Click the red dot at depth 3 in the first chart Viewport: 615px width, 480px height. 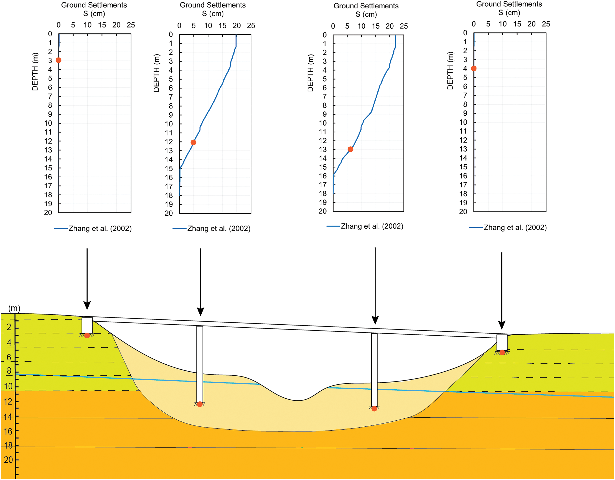(x=59, y=60)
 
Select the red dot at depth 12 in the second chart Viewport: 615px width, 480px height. (x=193, y=142)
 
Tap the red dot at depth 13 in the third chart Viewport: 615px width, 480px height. (x=350, y=149)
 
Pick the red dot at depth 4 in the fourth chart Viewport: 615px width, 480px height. (x=474, y=68)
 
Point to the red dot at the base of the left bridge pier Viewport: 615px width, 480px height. (x=200, y=404)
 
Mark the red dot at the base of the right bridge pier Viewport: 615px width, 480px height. (x=374, y=409)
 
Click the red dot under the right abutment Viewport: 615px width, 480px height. (x=502, y=352)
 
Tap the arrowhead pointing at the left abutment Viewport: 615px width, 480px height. (x=87, y=305)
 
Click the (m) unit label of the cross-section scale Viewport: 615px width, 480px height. (x=14, y=308)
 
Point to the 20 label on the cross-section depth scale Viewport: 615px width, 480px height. (x=8, y=460)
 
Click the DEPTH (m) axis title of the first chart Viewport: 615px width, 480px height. (x=35, y=72)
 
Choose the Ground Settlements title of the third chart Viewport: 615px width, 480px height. (x=366, y=6)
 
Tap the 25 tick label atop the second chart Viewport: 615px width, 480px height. (x=251, y=26)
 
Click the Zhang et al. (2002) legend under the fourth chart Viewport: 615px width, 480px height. (x=515, y=228)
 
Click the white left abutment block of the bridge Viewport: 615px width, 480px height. (x=87, y=325)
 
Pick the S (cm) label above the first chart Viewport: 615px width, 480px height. (x=94, y=14)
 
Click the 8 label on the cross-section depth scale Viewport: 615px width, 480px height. (x=9, y=371)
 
